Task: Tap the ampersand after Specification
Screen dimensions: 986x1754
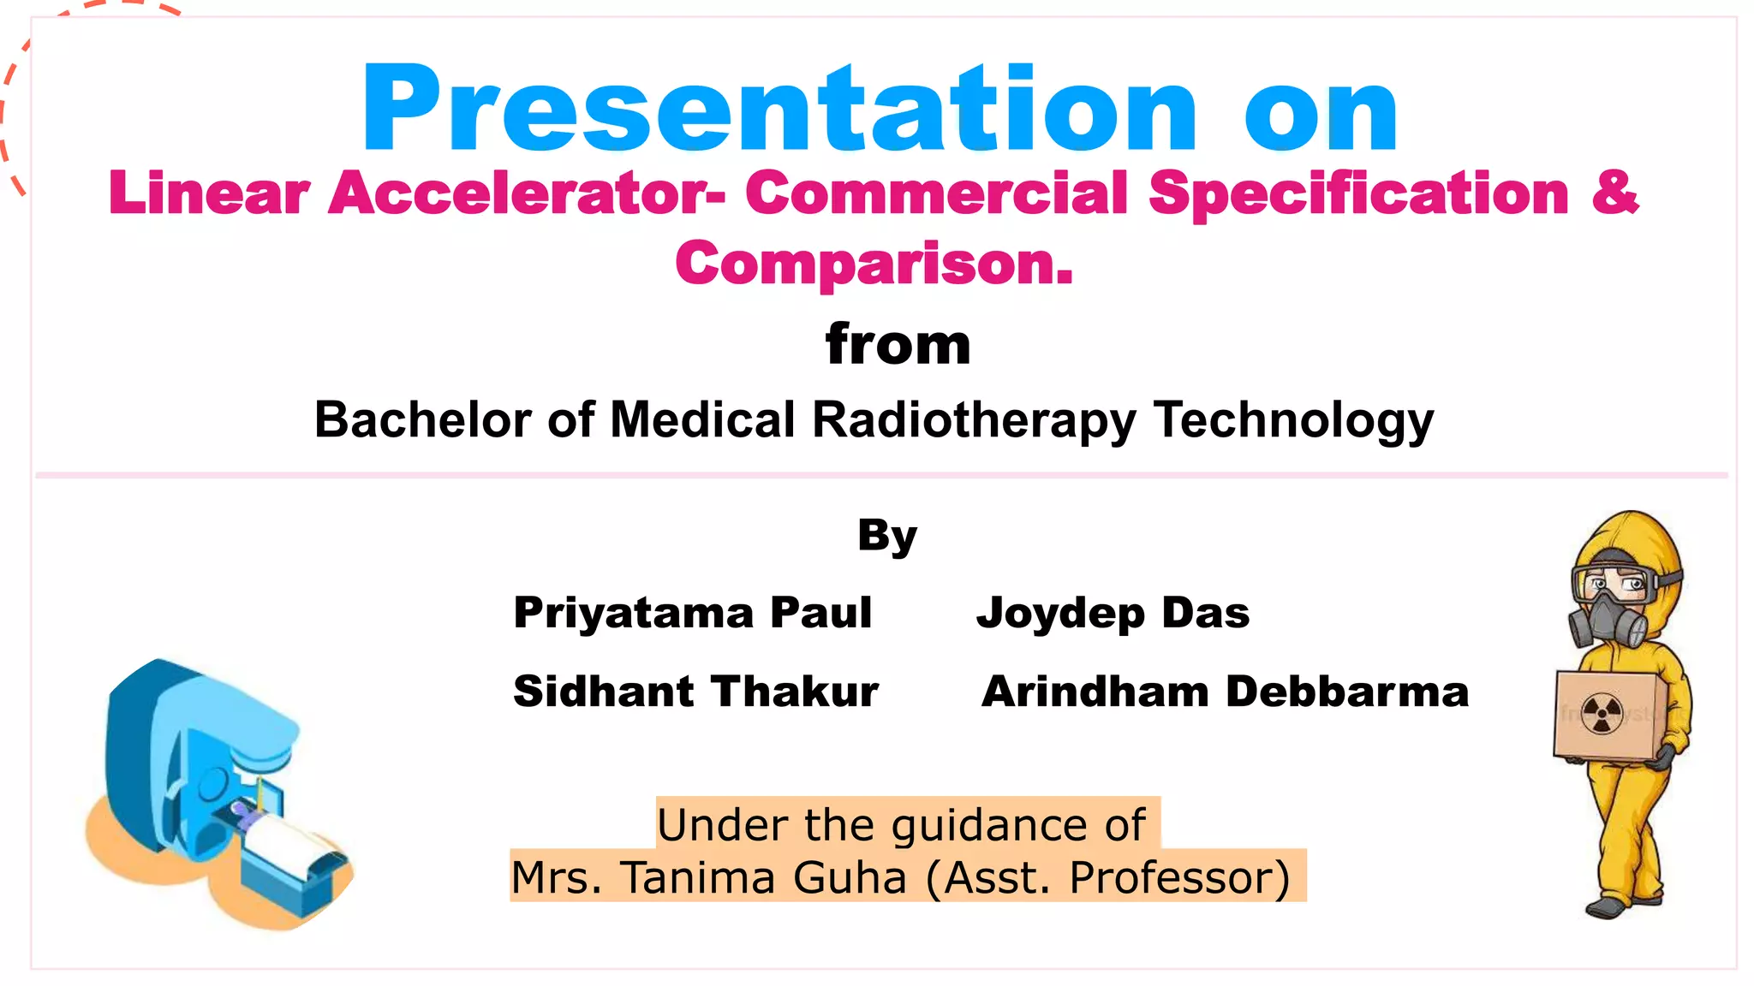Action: pyautogui.click(x=1614, y=193)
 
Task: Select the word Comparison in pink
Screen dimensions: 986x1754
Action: pyautogui.click(x=874, y=264)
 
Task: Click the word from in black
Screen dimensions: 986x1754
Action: pyautogui.click(x=898, y=344)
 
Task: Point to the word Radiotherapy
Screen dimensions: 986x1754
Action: pyautogui.click(x=974, y=420)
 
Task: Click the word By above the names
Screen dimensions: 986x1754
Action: pyautogui.click(x=887, y=537)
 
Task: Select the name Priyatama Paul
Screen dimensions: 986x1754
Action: pyautogui.click(x=692, y=613)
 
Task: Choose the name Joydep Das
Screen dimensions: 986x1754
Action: pyautogui.click(x=1113, y=613)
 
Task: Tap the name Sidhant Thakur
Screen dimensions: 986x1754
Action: pyautogui.click(x=695, y=691)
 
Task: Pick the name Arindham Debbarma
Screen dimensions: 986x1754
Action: pyautogui.click(x=1225, y=691)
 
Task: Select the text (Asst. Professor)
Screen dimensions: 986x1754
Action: pyautogui.click(x=1107, y=877)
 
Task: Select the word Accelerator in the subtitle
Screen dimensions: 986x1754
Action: pyautogui.click(x=525, y=193)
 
